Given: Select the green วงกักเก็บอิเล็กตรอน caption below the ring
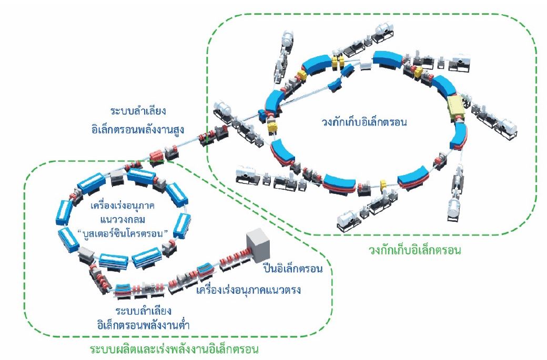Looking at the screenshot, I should [x=416, y=250].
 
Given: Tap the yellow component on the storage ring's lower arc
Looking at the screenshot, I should [x=383, y=186].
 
